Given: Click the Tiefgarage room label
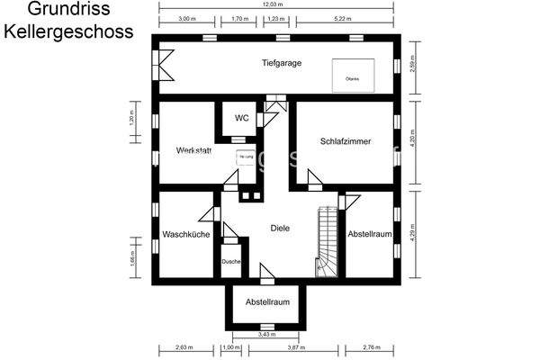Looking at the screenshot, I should click(281, 64).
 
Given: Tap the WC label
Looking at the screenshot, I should click(241, 118).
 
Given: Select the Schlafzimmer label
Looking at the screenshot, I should click(346, 141).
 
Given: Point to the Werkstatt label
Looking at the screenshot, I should click(193, 150).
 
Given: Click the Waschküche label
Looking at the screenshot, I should click(186, 234).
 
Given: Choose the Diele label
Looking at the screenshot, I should click(280, 229).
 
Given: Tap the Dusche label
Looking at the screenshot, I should click(230, 261).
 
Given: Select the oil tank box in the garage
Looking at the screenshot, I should click(352, 73).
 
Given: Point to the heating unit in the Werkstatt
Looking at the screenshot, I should click(245, 157).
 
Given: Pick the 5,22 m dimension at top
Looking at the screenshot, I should click(343, 18).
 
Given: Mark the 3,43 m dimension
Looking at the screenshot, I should click(267, 335).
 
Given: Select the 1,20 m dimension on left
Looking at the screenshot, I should click(130, 123).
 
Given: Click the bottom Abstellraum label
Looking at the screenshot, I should click(267, 302).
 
